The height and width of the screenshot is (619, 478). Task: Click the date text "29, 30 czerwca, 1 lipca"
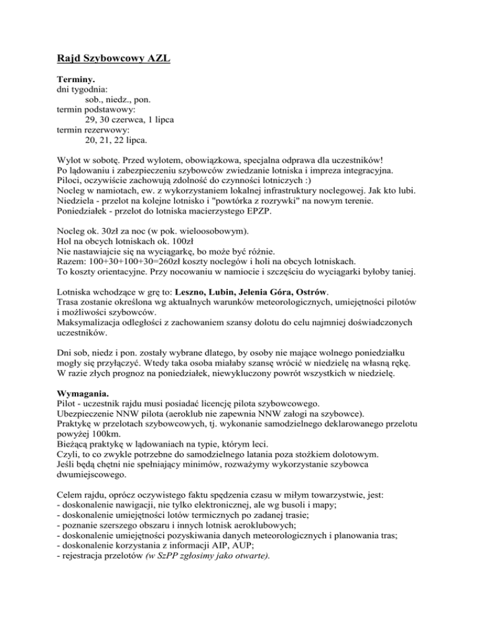point(129,120)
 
